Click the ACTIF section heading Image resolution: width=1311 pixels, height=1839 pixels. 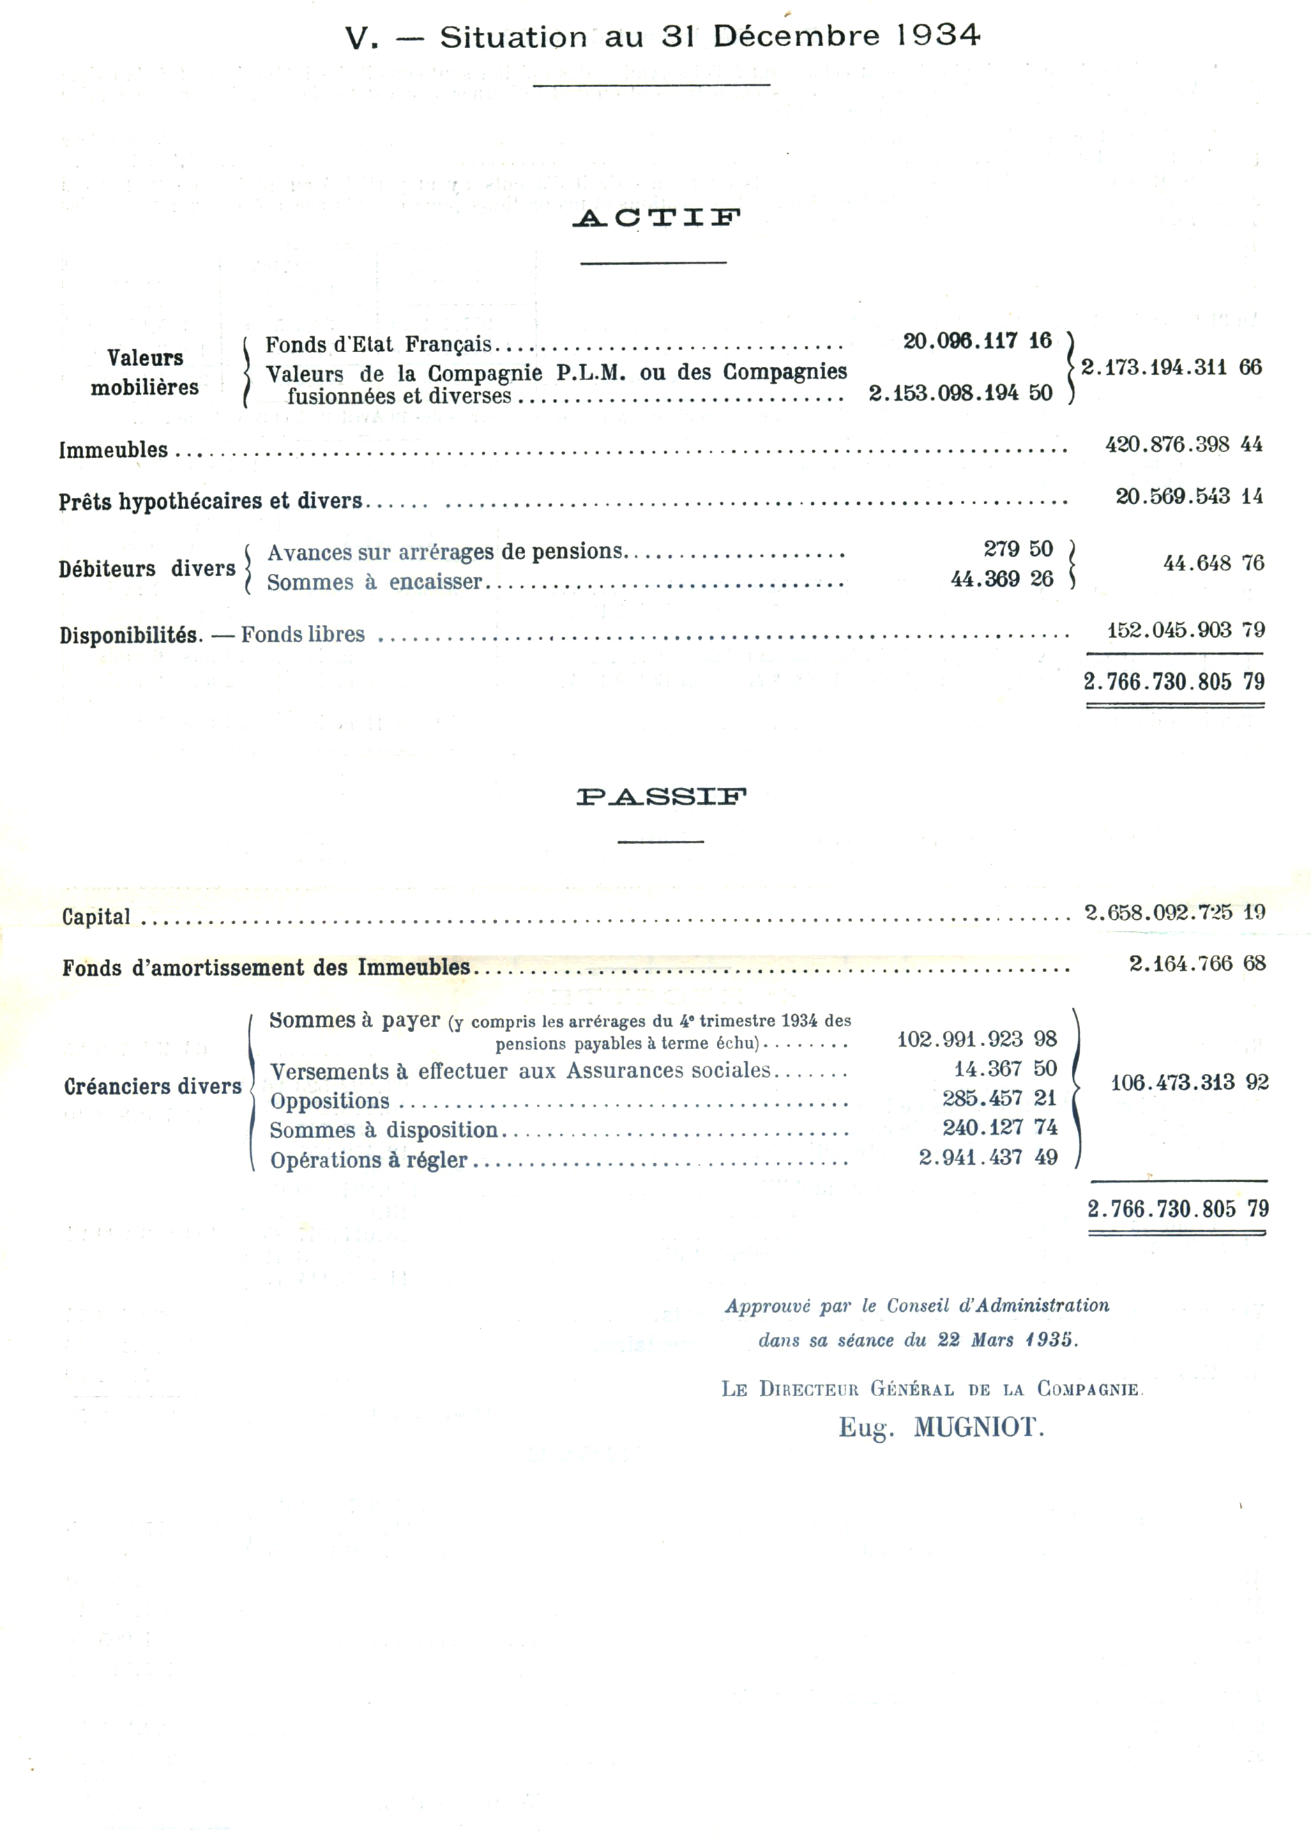656,218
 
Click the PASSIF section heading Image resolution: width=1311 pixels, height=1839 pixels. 661,797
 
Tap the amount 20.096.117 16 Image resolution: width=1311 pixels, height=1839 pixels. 977,341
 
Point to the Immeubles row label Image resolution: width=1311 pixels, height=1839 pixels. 113,450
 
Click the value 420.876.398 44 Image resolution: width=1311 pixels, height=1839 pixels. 1183,444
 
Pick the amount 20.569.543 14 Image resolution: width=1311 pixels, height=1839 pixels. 1188,496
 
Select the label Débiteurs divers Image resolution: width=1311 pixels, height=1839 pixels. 147,568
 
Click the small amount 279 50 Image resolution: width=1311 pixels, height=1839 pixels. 1018,549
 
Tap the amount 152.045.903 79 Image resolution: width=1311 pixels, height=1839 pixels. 1185,630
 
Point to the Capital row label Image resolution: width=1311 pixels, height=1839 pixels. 96,916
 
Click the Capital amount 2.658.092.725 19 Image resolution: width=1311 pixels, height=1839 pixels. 1174,912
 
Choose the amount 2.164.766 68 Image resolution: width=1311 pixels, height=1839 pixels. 1197,963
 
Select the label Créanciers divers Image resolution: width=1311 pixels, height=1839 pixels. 153,1087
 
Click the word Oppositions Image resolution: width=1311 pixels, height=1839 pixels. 329,1101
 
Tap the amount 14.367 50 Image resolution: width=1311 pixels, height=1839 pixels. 1005,1069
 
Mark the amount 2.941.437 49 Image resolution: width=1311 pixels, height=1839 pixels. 987,1157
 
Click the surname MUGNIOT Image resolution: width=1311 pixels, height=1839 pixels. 978,1428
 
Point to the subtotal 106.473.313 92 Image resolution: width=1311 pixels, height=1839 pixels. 1189,1082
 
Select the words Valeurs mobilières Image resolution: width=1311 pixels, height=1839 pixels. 144,372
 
